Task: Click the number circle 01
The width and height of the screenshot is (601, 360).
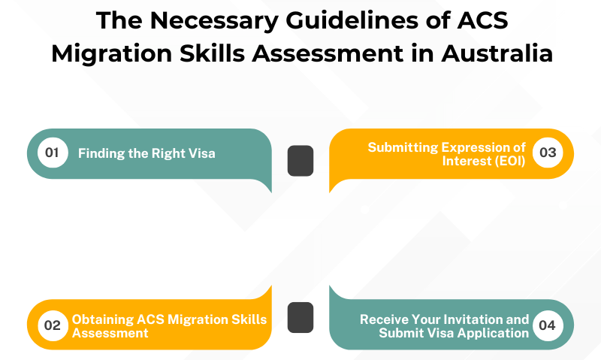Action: pyautogui.click(x=52, y=153)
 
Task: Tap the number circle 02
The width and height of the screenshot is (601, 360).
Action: pyautogui.click(x=52, y=325)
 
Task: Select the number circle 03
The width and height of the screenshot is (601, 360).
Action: pyautogui.click(x=548, y=153)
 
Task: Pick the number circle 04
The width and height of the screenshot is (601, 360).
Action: pyautogui.click(x=548, y=325)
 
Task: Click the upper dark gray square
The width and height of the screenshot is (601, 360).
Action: pyautogui.click(x=300, y=161)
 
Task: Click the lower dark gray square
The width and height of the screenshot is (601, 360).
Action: pyautogui.click(x=300, y=317)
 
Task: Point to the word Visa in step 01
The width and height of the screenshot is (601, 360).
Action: pyautogui.click(x=201, y=154)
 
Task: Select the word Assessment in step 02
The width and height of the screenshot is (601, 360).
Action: pyautogui.click(x=110, y=332)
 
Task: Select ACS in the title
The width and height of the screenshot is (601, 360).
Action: pyautogui.click(x=481, y=21)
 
